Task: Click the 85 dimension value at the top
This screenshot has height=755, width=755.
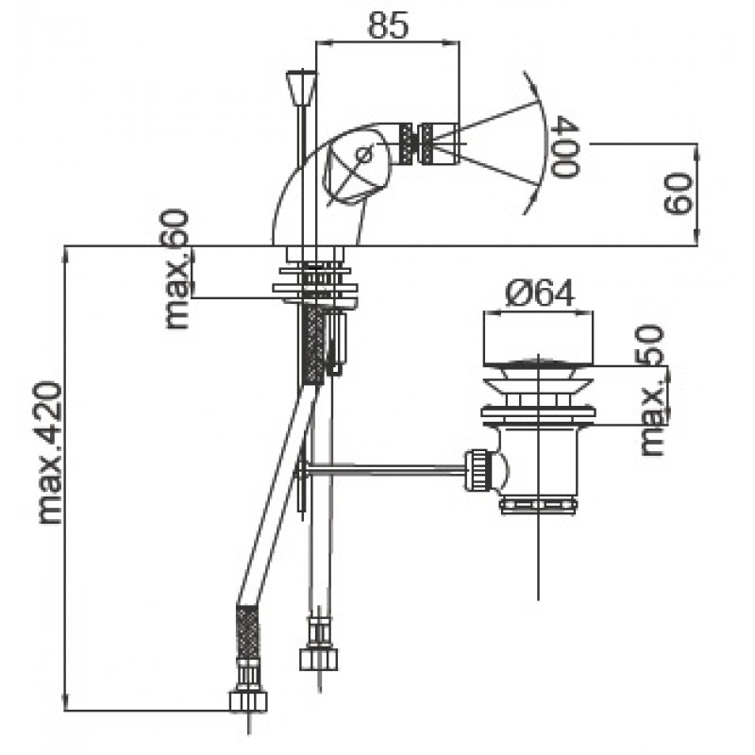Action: [x=388, y=25]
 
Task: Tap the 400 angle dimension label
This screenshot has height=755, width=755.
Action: [x=563, y=147]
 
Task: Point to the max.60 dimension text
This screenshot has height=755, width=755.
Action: [x=176, y=269]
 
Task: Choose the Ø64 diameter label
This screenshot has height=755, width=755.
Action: [x=539, y=294]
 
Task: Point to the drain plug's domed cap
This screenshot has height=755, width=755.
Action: [x=538, y=363]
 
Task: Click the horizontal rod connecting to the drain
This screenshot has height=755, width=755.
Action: [x=387, y=467]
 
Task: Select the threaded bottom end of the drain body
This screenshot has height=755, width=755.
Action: [x=538, y=503]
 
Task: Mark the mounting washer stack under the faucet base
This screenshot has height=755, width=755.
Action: [x=316, y=287]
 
